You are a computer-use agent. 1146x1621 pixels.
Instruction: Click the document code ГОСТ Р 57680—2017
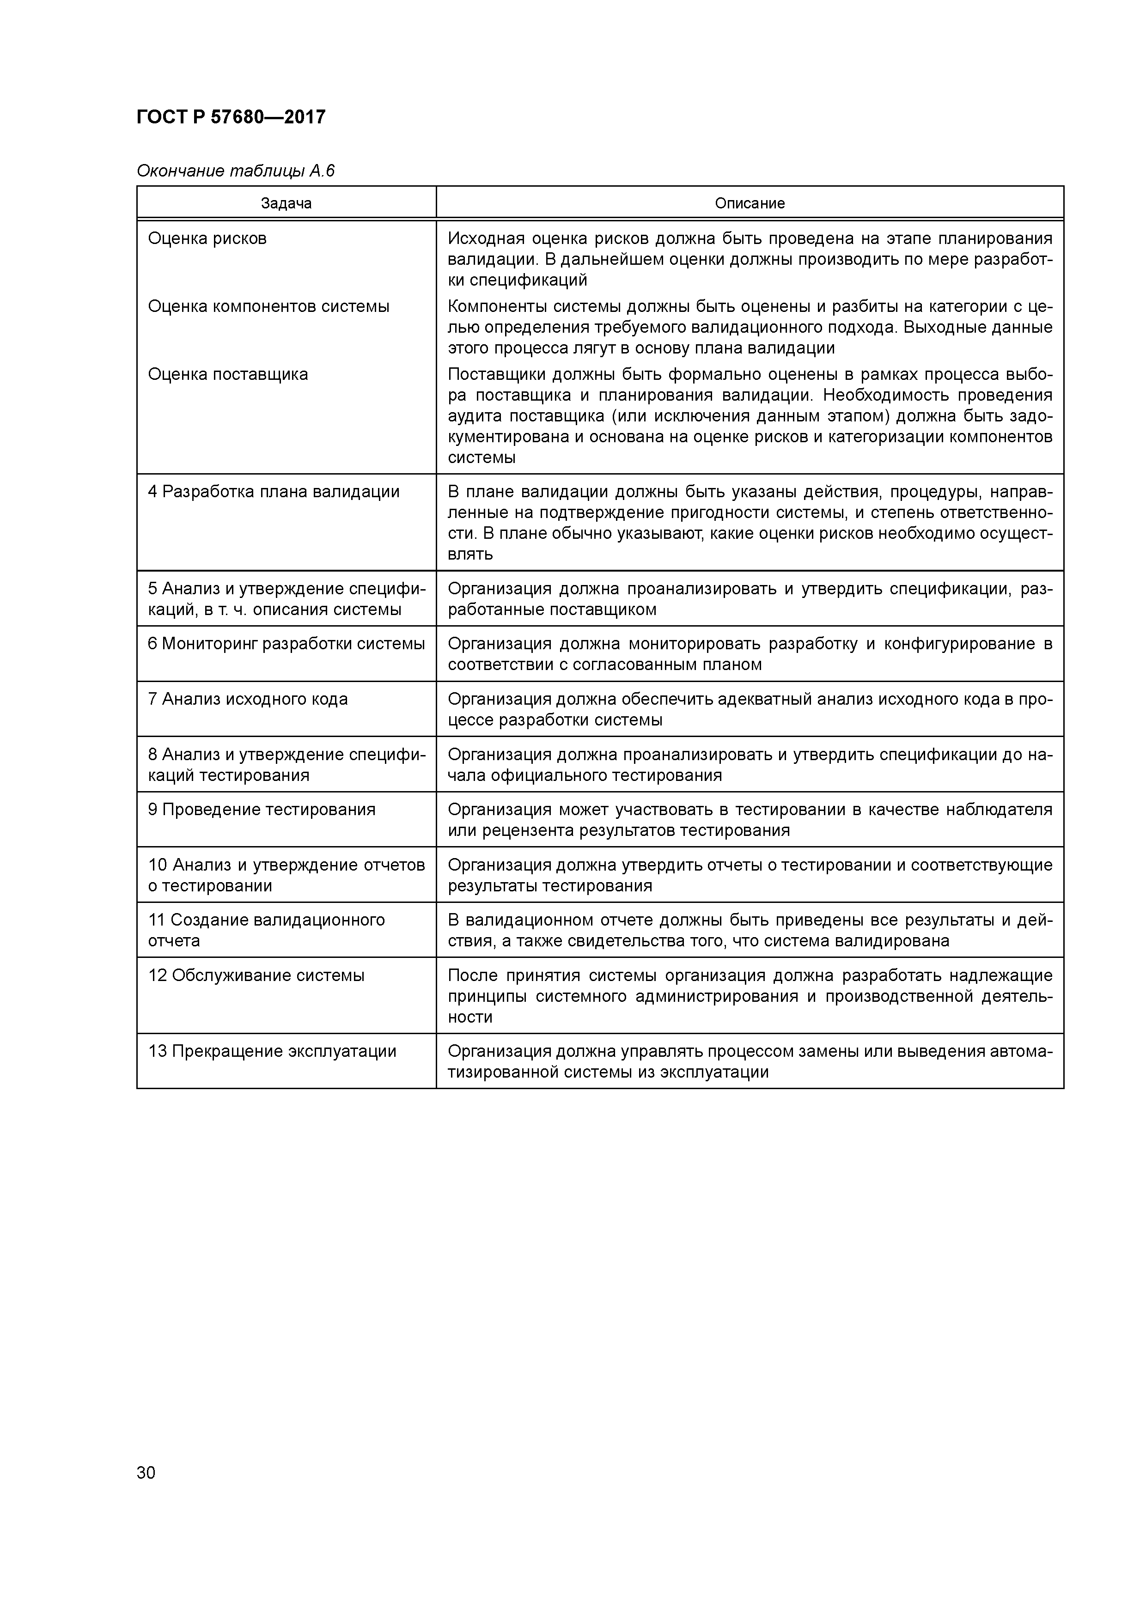[231, 117]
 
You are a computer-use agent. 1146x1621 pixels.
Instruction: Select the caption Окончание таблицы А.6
[235, 171]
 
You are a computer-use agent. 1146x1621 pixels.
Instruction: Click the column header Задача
[286, 203]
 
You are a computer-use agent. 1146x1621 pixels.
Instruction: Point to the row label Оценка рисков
[207, 238]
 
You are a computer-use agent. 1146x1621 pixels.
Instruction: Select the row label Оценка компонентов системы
[268, 306]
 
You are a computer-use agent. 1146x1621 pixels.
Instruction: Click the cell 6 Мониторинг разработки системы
[286, 643]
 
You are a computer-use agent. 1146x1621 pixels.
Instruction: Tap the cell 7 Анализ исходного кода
[247, 699]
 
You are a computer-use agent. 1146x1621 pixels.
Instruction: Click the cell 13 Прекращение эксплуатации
[272, 1051]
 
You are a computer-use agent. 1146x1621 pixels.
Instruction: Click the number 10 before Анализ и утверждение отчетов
[158, 865]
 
